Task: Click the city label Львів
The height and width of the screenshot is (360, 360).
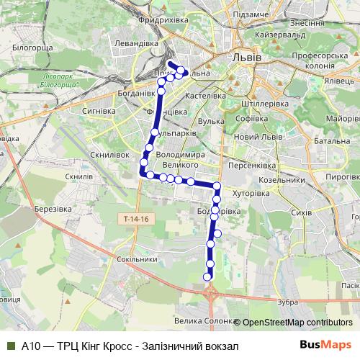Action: [x=247, y=55]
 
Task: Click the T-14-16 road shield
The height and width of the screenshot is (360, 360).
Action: [x=133, y=217]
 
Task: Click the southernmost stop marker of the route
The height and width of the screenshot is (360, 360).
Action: [x=208, y=276]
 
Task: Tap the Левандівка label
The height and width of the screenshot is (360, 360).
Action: [x=136, y=44]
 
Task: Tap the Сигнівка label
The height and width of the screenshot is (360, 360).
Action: [x=100, y=111]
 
